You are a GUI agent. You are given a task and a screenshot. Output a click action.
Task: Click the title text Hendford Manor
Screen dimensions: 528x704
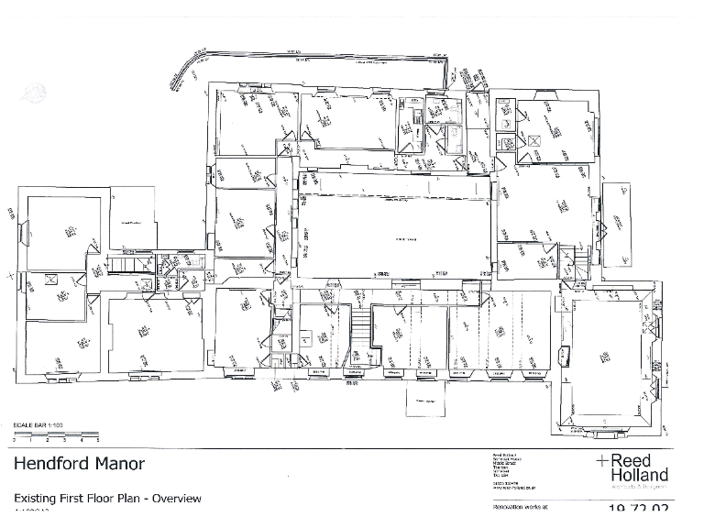click(79, 463)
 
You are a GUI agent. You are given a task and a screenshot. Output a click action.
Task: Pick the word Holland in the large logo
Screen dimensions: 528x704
click(640, 475)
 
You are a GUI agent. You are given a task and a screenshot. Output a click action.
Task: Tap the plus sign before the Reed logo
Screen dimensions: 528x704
click(601, 460)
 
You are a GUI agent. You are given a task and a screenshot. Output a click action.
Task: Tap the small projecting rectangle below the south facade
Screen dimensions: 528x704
click(424, 401)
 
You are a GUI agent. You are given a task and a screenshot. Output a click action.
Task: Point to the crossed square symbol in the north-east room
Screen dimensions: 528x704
click(533, 140)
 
